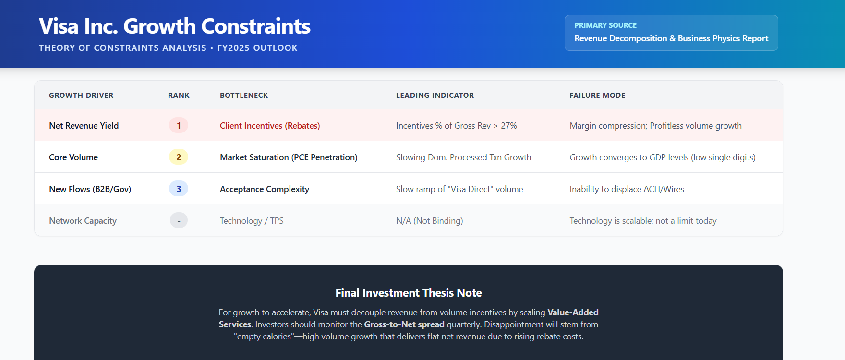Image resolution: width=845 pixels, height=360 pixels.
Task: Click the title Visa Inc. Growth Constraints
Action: [x=175, y=26]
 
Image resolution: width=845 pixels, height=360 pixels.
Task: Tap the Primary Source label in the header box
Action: [x=605, y=25]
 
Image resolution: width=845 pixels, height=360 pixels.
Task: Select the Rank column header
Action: [x=179, y=96]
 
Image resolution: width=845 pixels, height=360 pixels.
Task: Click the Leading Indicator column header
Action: [x=435, y=96]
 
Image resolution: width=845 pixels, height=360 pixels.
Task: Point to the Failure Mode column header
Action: [x=597, y=96]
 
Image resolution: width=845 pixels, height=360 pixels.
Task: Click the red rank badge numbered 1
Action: [x=179, y=126]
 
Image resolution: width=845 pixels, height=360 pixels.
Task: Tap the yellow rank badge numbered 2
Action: [x=179, y=157]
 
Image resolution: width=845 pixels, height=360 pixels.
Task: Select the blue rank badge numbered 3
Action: [x=179, y=189]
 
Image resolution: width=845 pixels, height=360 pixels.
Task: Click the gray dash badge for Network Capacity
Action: [x=179, y=221]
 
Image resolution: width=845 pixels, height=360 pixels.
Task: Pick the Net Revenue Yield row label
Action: [x=84, y=126]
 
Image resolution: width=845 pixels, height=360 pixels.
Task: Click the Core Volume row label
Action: [x=73, y=157]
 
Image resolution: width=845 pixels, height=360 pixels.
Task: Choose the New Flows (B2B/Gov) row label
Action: [x=90, y=189]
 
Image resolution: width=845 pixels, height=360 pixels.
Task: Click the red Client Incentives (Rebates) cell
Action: [x=270, y=126]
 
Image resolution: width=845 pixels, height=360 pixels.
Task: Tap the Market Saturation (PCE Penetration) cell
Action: [x=289, y=157]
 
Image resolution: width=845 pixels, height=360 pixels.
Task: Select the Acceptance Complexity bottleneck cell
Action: [x=265, y=189]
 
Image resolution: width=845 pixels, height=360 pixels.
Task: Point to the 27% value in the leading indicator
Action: [x=509, y=126]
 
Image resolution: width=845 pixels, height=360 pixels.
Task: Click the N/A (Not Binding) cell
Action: [x=429, y=221]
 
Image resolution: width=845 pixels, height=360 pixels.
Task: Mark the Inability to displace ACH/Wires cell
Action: [x=627, y=189]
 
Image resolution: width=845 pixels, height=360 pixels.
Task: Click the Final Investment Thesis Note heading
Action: [x=409, y=293]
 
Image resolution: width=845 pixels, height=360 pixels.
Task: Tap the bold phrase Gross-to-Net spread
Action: [x=404, y=324]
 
